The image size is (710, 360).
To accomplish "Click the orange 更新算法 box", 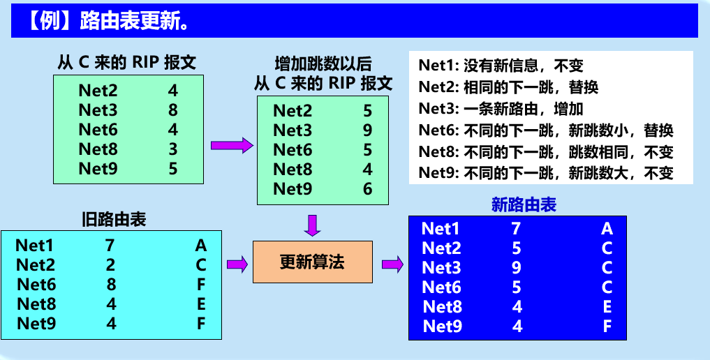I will [x=312, y=262].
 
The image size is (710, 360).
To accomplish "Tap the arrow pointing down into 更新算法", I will [x=312, y=225].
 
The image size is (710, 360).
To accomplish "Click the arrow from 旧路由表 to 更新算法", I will [x=237, y=263].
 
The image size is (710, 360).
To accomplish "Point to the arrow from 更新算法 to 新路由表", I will [x=392, y=263].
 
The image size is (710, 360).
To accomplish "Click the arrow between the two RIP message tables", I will [x=231, y=145].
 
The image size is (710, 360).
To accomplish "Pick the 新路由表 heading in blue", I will [x=524, y=204].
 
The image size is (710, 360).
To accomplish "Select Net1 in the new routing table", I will [x=441, y=228].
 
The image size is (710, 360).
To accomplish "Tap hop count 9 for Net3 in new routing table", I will [x=517, y=267].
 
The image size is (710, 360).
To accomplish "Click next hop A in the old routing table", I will [x=201, y=246].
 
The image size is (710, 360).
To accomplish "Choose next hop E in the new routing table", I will [x=607, y=306].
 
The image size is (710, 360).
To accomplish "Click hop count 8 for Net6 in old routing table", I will [x=110, y=285].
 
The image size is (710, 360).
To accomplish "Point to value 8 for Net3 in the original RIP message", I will [x=172, y=110].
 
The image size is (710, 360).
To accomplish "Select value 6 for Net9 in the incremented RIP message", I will [x=367, y=189].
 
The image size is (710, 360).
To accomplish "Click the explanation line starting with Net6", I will [x=546, y=131].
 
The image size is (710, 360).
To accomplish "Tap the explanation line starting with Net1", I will [x=501, y=66].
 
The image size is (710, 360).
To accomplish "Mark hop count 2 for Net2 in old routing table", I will [x=110, y=265].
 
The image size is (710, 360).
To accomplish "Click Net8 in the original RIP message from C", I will [x=98, y=149].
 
